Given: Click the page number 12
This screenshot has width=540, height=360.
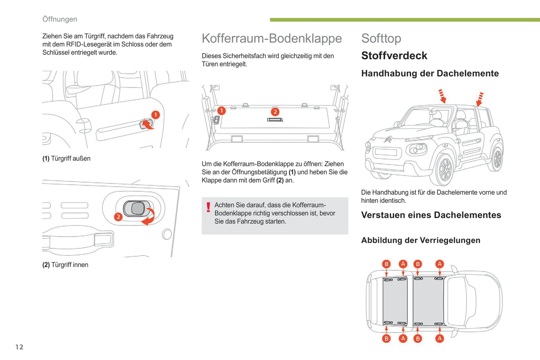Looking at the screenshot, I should (x=19, y=347).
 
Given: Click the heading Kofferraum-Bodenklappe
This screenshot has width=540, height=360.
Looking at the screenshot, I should (x=272, y=38).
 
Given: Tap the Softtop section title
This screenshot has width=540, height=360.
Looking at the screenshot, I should (x=381, y=38).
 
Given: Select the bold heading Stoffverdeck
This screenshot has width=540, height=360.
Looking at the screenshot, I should (x=394, y=56).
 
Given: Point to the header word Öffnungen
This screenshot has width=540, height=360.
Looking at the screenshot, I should (x=60, y=19).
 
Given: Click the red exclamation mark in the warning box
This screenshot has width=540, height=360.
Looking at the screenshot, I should (x=208, y=207).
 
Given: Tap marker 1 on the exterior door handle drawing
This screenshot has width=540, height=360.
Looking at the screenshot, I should (x=155, y=115).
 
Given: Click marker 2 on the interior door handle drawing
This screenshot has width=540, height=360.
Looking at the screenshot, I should (x=118, y=217).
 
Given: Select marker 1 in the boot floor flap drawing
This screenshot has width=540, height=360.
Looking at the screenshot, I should (x=221, y=111).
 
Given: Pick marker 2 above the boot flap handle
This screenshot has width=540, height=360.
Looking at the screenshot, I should (x=275, y=112).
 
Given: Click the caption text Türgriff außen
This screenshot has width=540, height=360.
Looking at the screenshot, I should (x=71, y=158).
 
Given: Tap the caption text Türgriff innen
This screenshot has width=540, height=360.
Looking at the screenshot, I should (x=70, y=265).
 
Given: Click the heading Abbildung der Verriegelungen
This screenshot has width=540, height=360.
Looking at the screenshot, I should (x=420, y=240).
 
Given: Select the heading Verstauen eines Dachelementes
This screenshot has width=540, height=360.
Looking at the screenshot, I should (x=431, y=215).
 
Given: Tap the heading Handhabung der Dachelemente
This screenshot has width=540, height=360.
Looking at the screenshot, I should (x=430, y=73).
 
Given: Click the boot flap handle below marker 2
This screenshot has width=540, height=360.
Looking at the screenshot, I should (x=275, y=120).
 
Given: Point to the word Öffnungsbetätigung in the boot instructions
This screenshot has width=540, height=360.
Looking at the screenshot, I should (x=259, y=172).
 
